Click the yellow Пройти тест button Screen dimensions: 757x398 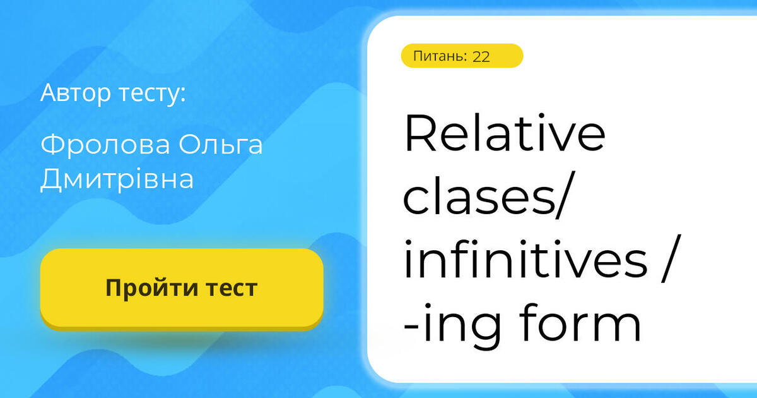182,289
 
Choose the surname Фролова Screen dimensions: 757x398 105,145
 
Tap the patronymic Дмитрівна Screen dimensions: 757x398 117,179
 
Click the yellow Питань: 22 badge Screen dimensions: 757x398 462,56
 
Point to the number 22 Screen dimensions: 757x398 481,56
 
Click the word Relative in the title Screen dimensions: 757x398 505,133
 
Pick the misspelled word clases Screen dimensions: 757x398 479,196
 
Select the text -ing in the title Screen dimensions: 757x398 452,325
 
